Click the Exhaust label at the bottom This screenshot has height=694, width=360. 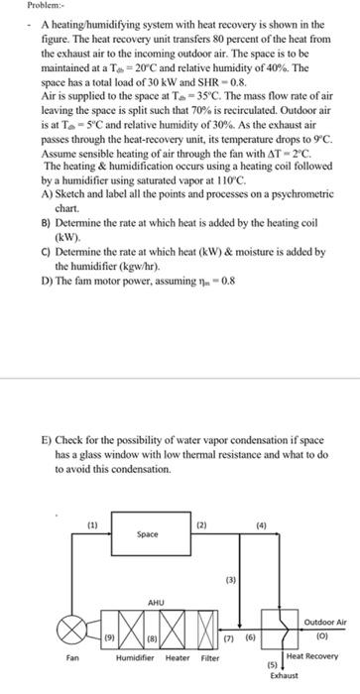point(282,674)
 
